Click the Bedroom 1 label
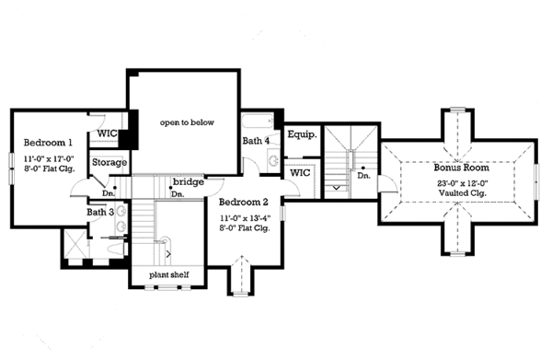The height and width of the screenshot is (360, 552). (x=50, y=143)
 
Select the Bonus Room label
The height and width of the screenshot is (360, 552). (x=461, y=168)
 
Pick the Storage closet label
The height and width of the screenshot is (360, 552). (x=109, y=163)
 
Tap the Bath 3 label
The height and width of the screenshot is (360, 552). (x=99, y=213)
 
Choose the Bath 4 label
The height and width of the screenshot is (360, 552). (x=256, y=141)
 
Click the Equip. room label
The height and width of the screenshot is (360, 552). (x=302, y=134)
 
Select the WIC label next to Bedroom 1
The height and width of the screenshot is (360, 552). (x=107, y=134)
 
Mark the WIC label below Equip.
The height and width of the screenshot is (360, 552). (x=299, y=172)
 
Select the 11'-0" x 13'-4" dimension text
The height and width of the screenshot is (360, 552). (x=244, y=217)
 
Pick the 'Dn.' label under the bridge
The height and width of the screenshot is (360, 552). (x=178, y=193)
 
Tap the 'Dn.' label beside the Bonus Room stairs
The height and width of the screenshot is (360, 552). (x=363, y=175)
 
